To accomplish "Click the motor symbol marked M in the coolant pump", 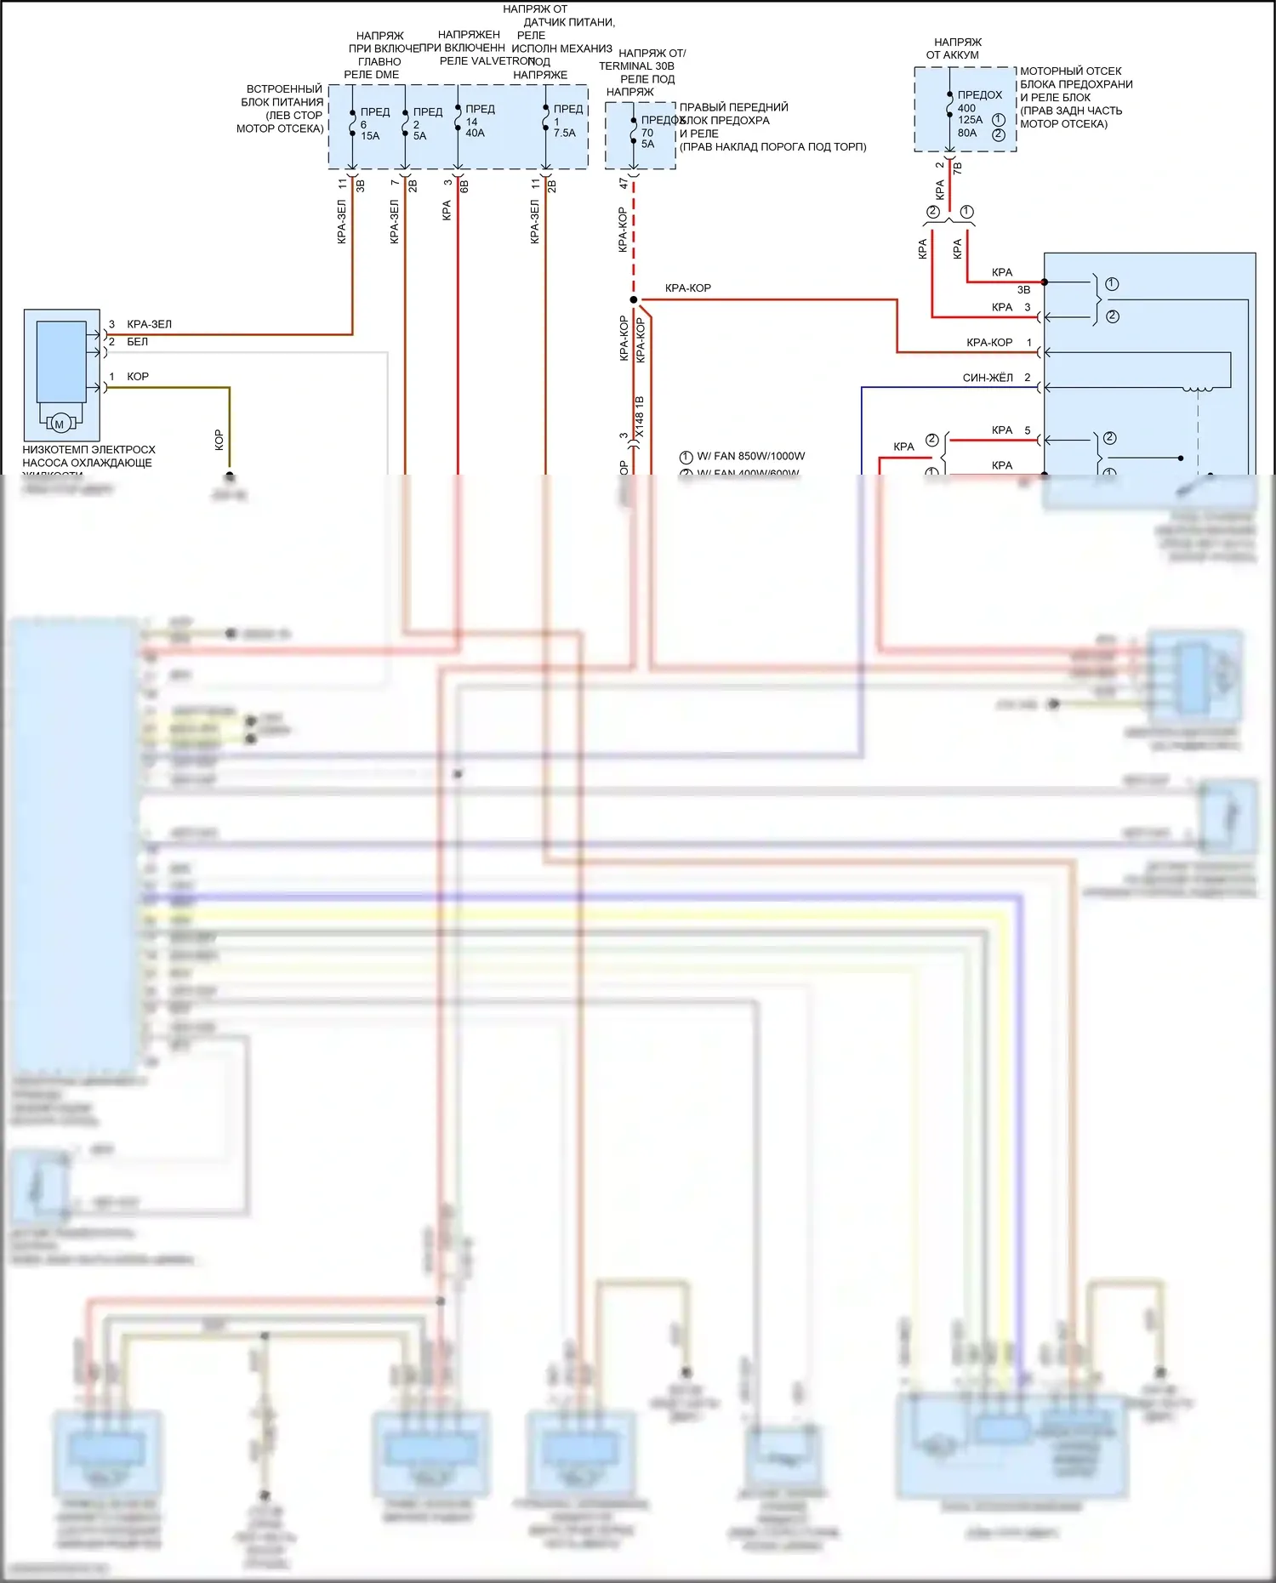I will point(60,424).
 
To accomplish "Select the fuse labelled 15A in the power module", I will point(370,136).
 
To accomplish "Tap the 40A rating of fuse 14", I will point(475,134).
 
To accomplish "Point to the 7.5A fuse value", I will point(564,134).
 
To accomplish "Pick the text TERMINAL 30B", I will point(636,66).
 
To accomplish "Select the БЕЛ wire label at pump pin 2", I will point(137,342).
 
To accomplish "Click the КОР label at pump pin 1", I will point(137,377).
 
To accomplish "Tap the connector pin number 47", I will point(624,183).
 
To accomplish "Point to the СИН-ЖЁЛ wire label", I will point(988,378).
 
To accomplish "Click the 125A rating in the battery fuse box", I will point(970,120).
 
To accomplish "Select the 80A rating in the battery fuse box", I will point(967,133).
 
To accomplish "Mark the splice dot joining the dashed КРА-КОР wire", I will point(633,299).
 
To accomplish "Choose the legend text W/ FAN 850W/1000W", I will point(750,456).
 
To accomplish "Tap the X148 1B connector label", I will point(640,417).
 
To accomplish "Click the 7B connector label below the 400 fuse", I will point(958,168).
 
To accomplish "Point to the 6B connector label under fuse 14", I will point(464,185).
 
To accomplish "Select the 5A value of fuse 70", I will point(647,145).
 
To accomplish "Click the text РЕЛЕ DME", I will point(371,75).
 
